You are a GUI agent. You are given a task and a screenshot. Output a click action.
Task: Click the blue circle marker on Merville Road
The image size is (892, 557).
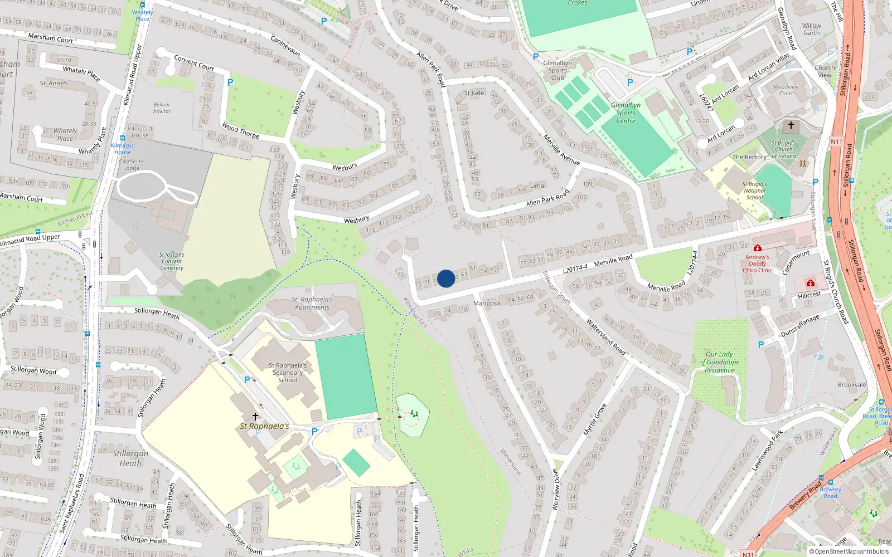click(x=446, y=278)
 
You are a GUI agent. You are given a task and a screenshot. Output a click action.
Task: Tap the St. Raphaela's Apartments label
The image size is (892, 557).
click(x=312, y=303)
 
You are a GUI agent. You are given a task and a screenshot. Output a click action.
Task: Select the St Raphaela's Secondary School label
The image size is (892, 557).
click(x=288, y=373)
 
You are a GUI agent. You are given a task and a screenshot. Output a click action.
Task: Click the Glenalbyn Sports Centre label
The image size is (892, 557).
click(x=626, y=113)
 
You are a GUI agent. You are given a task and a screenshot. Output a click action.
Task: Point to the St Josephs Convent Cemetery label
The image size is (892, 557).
click(x=172, y=261)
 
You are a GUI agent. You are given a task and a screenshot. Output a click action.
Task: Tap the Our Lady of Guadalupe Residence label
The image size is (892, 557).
click(x=719, y=362)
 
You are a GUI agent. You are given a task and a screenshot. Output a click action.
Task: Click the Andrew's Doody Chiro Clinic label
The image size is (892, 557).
click(x=757, y=263)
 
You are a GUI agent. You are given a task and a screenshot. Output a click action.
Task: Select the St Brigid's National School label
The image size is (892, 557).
click(x=754, y=190)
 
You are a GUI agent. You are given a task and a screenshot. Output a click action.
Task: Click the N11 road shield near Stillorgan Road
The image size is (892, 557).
click(x=836, y=142)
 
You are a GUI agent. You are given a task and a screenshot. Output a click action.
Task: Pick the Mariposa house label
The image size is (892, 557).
click(x=486, y=304)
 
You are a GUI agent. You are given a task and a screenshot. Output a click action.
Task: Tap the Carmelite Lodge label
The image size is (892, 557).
click(x=131, y=165)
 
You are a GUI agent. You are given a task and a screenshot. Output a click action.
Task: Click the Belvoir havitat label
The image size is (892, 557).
click(x=162, y=108)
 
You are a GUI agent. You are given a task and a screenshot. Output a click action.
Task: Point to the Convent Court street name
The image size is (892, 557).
click(x=194, y=62)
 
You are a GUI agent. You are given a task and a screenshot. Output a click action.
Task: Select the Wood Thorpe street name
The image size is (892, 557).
click(x=241, y=131)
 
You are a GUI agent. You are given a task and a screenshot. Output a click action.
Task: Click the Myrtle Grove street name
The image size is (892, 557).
click(x=594, y=419)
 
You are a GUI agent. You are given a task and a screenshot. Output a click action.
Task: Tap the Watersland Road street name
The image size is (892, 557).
click(x=605, y=337)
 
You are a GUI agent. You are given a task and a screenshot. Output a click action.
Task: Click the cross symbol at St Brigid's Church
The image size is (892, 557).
click(x=791, y=126)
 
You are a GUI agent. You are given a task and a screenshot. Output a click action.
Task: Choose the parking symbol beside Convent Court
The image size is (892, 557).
click(x=230, y=82)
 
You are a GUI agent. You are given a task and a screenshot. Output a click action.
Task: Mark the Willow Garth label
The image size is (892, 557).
click(x=812, y=29)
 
